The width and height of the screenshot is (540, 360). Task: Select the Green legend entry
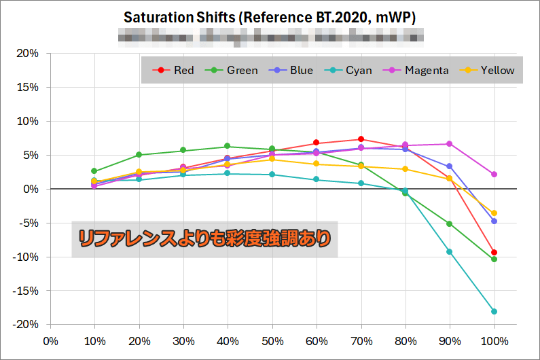coord(235,70)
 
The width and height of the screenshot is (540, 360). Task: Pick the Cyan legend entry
coord(351,70)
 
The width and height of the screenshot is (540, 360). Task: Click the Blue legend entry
coord(294,70)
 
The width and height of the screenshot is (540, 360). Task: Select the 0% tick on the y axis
coord(30,189)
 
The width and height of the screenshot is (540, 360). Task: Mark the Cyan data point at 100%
coord(494,312)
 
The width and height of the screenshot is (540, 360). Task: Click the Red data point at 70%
coord(361,139)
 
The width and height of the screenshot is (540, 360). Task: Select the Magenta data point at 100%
coord(494,175)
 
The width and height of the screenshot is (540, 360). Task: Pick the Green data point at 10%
coord(94,171)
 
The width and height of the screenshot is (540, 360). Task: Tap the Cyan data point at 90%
coord(450,252)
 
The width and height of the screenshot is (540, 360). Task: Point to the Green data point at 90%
coord(450,223)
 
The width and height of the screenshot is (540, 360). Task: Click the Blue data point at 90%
coord(450,166)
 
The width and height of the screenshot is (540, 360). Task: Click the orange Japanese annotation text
coord(204,238)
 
